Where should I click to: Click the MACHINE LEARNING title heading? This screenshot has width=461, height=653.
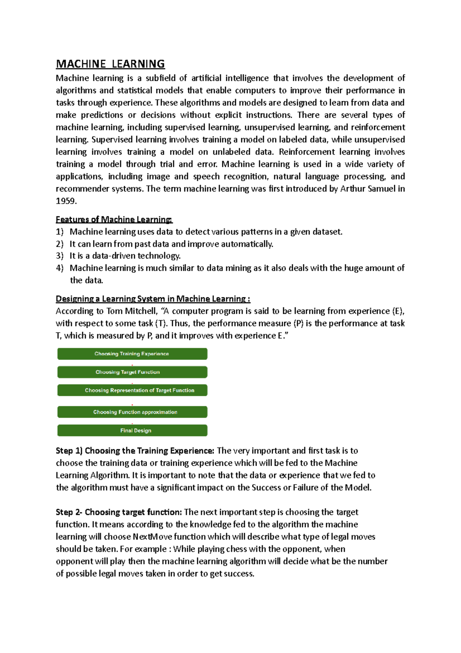point(110,64)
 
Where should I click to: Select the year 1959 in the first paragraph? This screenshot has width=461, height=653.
point(66,201)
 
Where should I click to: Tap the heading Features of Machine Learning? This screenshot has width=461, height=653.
point(114,220)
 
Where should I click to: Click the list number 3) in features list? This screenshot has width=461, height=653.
point(60,256)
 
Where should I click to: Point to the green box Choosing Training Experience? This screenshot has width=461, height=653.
point(132,354)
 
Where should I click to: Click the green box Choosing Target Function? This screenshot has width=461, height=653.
point(132,372)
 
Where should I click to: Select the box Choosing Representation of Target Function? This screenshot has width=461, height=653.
point(132,390)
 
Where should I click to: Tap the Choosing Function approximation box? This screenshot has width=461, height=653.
point(132,412)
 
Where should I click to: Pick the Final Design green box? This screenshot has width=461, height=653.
point(132,431)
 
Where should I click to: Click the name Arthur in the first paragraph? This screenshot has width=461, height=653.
point(353,189)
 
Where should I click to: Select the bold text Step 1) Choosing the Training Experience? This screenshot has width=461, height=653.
point(135,451)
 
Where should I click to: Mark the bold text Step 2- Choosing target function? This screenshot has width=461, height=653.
point(119,512)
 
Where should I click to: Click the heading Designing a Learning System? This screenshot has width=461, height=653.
point(153,299)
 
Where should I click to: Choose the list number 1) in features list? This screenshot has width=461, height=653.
point(60,232)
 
